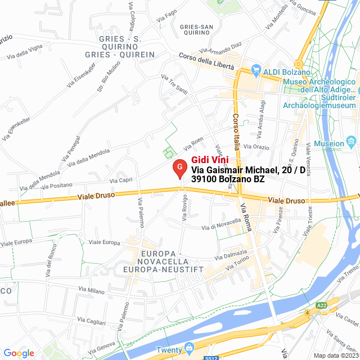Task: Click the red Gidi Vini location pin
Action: pyautogui.click(x=179, y=168)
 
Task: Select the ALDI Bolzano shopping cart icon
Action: pyautogui.click(x=256, y=71)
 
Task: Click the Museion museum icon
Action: pyautogui.click(x=352, y=139)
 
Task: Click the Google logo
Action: pyautogui.click(x=19, y=353)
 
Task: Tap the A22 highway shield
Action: pyautogui.click(x=321, y=305)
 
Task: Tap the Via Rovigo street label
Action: pyautogui.click(x=184, y=208)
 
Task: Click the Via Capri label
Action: pyautogui.click(x=120, y=181)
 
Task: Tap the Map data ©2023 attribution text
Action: pyautogui.click(x=336, y=355)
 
